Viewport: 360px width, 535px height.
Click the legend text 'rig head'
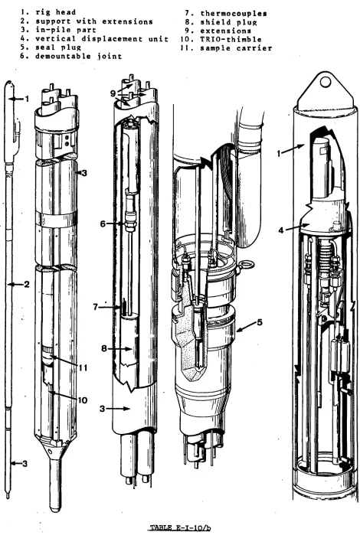click(55, 12)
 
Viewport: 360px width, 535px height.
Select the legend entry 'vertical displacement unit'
click(102, 39)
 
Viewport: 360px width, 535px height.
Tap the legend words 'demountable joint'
click(79, 56)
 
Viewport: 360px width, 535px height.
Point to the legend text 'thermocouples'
click(234, 14)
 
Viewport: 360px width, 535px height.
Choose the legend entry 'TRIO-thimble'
click(231, 39)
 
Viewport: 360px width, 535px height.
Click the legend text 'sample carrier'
click(236, 47)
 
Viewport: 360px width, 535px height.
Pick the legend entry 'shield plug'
click(228, 22)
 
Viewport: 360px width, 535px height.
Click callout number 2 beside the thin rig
click(27, 284)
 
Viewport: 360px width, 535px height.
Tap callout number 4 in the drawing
click(281, 230)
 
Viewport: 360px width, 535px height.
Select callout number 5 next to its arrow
click(260, 322)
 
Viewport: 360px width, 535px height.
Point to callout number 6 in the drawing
click(103, 223)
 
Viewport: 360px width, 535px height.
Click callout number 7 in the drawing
click(96, 307)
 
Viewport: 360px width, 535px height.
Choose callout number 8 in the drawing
click(104, 348)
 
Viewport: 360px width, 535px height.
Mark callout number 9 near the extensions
click(113, 93)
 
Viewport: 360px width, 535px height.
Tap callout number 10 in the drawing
click(82, 400)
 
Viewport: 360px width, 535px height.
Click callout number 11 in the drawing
click(83, 368)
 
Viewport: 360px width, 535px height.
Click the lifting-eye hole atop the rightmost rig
click(326, 82)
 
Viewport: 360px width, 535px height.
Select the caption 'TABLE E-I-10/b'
click(180, 529)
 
